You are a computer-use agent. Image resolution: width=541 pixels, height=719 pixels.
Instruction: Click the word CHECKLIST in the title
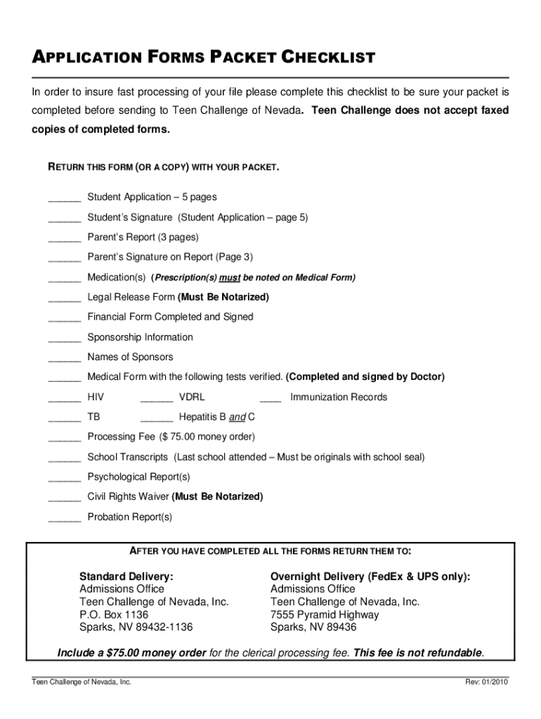(329, 58)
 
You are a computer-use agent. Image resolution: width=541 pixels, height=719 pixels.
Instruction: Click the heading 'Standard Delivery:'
(126, 576)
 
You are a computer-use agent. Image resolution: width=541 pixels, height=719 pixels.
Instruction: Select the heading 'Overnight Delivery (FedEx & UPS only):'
(370, 576)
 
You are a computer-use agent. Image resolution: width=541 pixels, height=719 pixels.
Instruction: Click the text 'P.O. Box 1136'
(114, 614)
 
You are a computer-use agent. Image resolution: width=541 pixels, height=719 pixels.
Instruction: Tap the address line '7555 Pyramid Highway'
(325, 614)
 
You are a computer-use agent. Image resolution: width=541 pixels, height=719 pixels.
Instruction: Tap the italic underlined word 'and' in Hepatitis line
(237, 417)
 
